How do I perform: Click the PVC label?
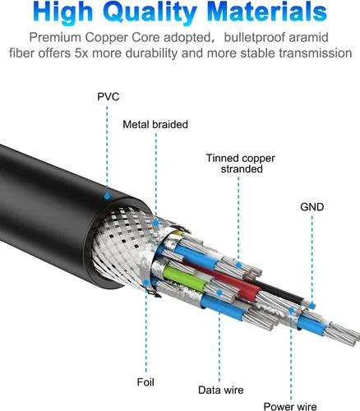click(108, 97)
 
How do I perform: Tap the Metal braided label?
click(155, 124)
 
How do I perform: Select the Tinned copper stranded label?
click(241, 164)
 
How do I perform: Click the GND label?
click(312, 207)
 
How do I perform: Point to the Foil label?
click(145, 382)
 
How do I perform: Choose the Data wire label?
click(221, 390)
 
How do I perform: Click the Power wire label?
click(290, 406)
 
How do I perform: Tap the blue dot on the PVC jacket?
click(107, 196)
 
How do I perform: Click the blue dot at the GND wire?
click(312, 306)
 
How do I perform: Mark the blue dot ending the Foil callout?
click(146, 283)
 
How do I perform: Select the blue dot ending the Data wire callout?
click(219, 293)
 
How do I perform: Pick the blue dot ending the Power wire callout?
click(291, 310)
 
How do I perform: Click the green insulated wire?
click(184, 277)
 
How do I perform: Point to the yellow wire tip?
click(178, 233)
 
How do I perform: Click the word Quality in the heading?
click(150, 12)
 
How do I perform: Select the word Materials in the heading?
click(267, 12)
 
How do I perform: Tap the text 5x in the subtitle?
click(81, 53)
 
